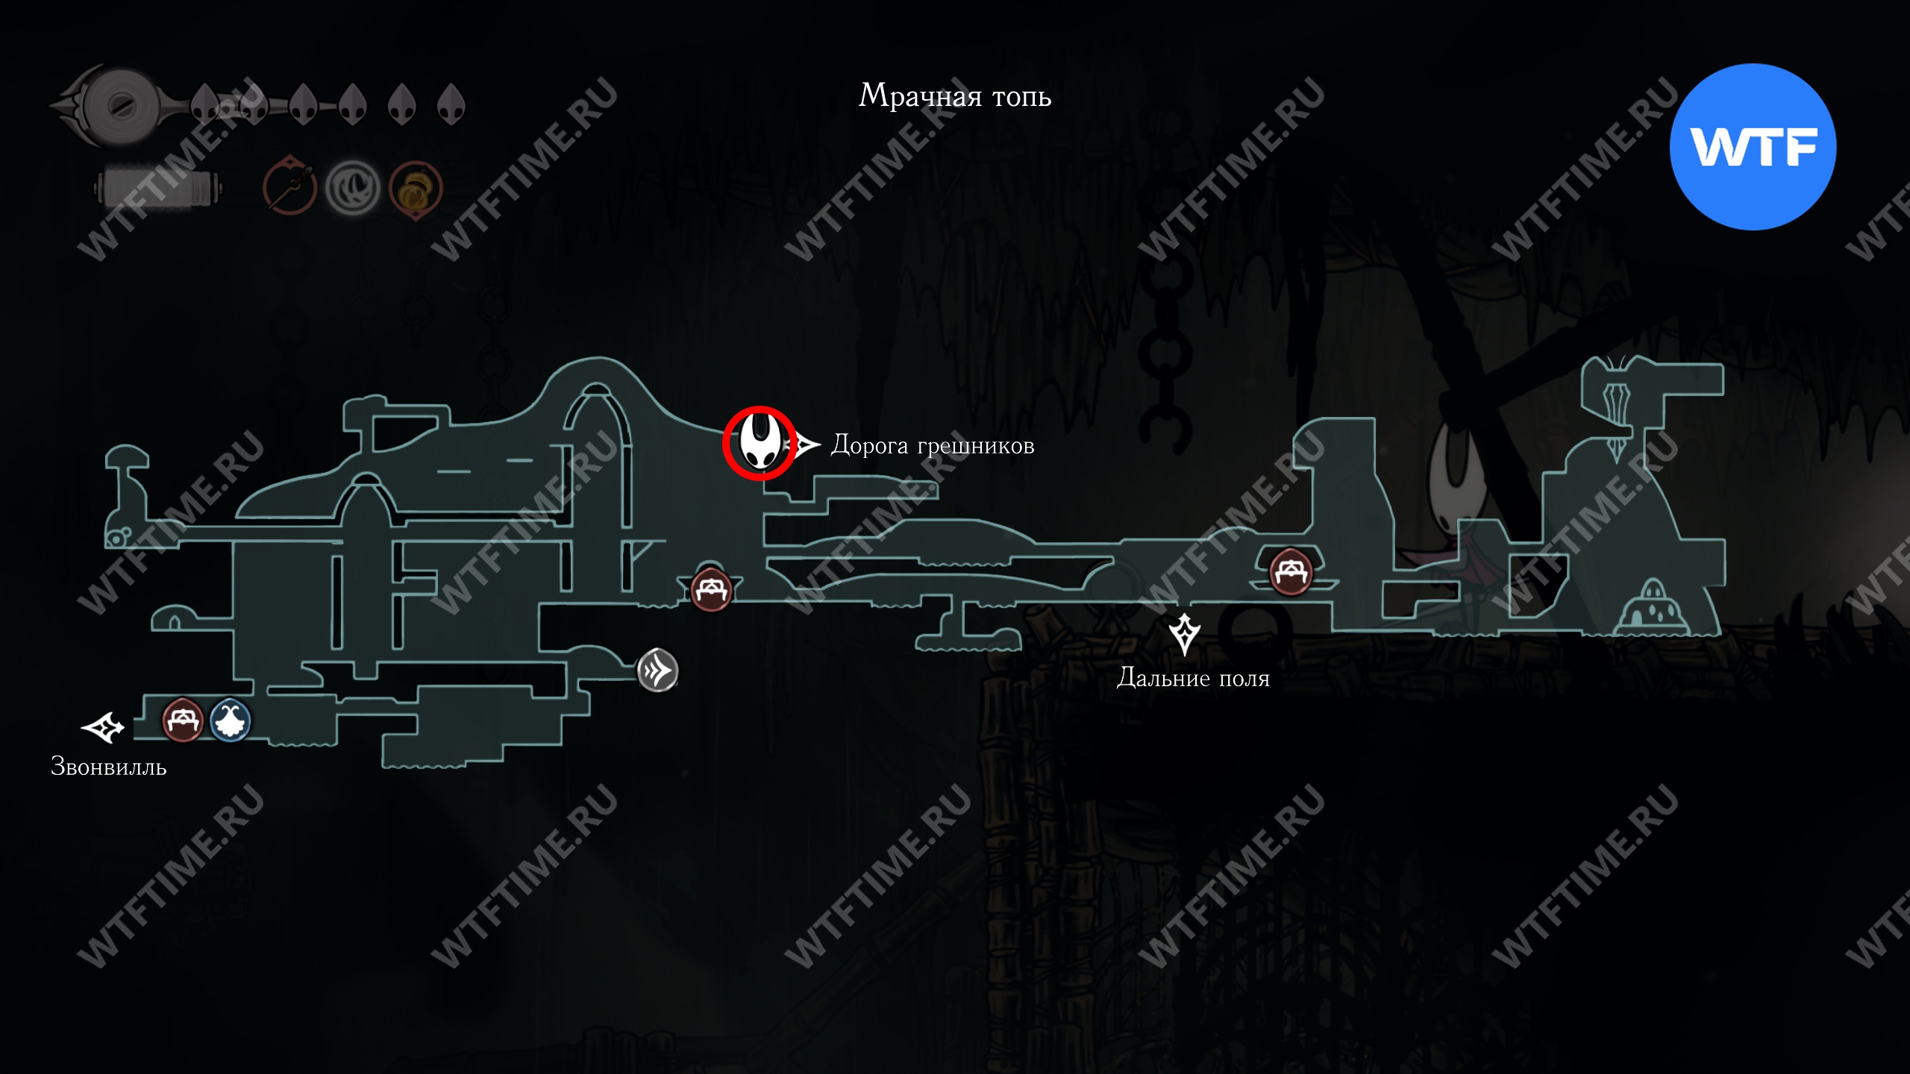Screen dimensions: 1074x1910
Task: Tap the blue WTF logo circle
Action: pyautogui.click(x=1753, y=147)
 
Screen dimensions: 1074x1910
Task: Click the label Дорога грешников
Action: pyautogui.click(x=933, y=446)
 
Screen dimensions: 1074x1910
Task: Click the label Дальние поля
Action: pyautogui.click(x=1192, y=678)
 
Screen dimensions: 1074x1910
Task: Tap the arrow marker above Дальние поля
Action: pyautogui.click(x=1184, y=634)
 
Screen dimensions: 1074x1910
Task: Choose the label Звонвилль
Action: pyautogui.click(x=108, y=767)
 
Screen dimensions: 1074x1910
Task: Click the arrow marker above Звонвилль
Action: pyautogui.click(x=103, y=727)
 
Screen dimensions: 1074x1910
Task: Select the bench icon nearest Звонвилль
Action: pyautogui.click(x=183, y=720)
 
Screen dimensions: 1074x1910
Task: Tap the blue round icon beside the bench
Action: pyautogui.click(x=230, y=720)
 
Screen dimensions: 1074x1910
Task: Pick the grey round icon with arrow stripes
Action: pyautogui.click(x=657, y=671)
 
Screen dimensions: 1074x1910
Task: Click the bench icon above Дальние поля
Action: pyautogui.click(x=1291, y=572)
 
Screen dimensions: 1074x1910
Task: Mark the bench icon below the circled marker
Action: pyautogui.click(x=711, y=590)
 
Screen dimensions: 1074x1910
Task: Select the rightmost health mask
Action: pyautogui.click(x=451, y=104)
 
